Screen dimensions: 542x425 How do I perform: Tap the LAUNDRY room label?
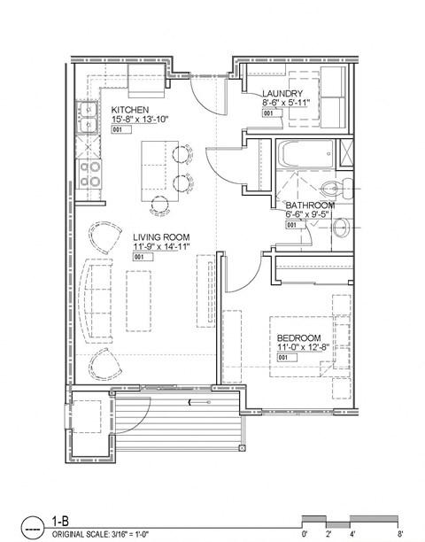pos(283,93)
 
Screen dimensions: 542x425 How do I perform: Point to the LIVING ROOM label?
pos(165,236)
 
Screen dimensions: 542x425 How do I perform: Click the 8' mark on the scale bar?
pos(402,534)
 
